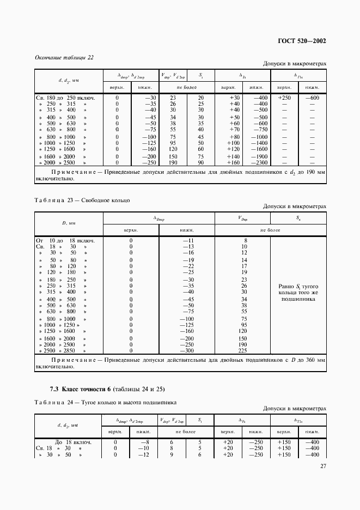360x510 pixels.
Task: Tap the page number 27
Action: pos(322,466)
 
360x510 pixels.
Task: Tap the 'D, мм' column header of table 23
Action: pos(69,223)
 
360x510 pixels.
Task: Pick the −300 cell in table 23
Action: pos(187,351)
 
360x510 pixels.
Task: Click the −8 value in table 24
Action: pos(145,442)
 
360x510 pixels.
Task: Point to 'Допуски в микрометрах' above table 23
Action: pos(294,207)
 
